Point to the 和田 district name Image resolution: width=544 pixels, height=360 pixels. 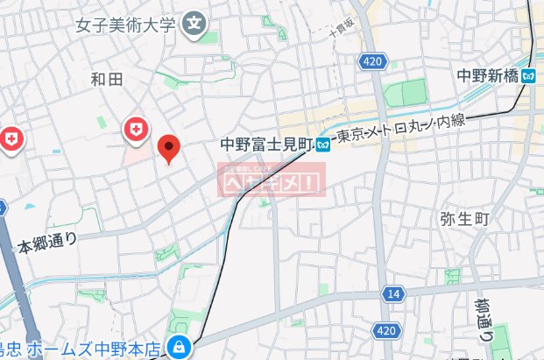click(107, 80)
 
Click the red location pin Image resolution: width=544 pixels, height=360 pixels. click(169, 148)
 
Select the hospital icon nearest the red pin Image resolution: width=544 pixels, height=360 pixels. click(136, 130)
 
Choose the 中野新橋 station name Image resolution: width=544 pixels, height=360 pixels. click(487, 75)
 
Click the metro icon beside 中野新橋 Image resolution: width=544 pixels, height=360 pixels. click(528, 75)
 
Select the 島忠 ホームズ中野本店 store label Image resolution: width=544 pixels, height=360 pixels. click(79, 349)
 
